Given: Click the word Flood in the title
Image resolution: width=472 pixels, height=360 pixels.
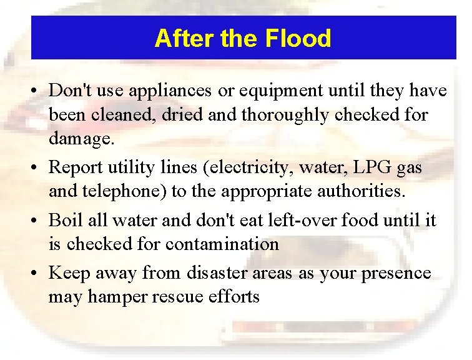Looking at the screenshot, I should pos(298,39).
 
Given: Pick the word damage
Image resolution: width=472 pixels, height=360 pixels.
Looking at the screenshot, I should pos(81,138).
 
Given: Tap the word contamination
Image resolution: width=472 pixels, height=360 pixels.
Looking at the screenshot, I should pos(222,244).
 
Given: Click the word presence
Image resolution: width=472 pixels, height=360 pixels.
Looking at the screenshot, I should pos(398,273).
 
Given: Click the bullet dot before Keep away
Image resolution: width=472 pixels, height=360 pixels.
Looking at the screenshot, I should pos(37,274).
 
